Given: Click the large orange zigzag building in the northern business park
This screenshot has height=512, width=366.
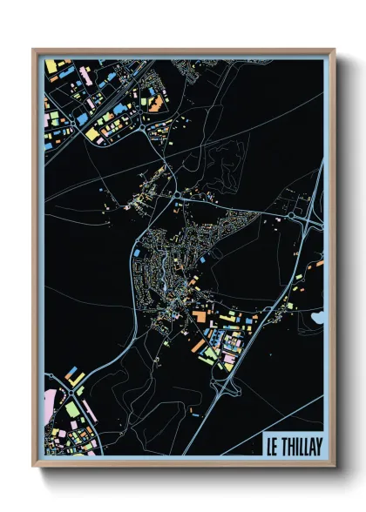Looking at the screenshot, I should tap(156, 105).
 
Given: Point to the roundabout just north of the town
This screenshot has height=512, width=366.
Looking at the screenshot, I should tap(177, 194).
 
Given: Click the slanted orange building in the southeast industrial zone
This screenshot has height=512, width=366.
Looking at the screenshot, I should tap(199, 347).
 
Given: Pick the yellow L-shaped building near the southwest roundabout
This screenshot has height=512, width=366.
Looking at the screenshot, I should tap(75, 379).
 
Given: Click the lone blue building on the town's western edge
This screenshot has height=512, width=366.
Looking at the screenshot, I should tap(137, 253).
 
